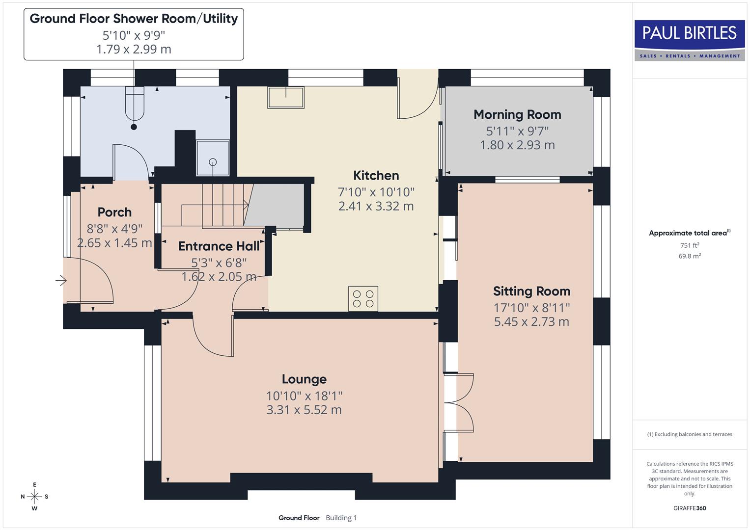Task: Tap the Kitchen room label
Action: point(376,176)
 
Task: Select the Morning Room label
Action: point(517,115)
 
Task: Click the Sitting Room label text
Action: point(531,291)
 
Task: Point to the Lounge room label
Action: point(304,379)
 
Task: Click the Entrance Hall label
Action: point(219,246)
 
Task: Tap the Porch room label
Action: point(114,212)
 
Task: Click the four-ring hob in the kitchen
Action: point(363,298)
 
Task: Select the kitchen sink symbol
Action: point(285,97)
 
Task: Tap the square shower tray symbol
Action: point(213,158)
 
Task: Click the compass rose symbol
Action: point(34,497)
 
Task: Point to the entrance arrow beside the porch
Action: point(61,281)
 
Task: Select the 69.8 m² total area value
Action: point(690,256)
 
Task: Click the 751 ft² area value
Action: point(690,245)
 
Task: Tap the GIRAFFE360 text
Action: point(690,508)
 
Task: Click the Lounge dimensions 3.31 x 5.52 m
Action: point(304,410)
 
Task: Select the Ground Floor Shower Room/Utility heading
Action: point(134,19)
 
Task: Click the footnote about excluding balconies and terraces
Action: point(690,434)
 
